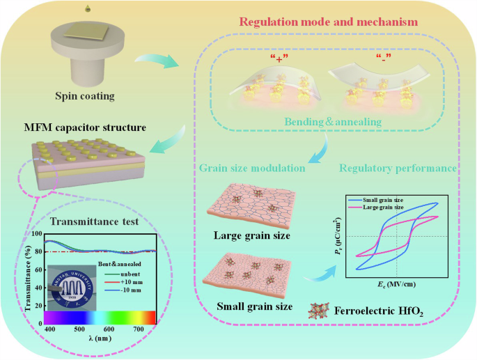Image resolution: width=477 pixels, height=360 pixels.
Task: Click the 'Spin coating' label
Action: point(85,96)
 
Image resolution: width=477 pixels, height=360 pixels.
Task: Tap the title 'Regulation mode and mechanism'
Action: point(329,22)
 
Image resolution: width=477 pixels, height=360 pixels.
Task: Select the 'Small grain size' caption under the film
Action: point(253,306)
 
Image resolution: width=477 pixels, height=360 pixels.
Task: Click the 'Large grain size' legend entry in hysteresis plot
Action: point(406,208)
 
